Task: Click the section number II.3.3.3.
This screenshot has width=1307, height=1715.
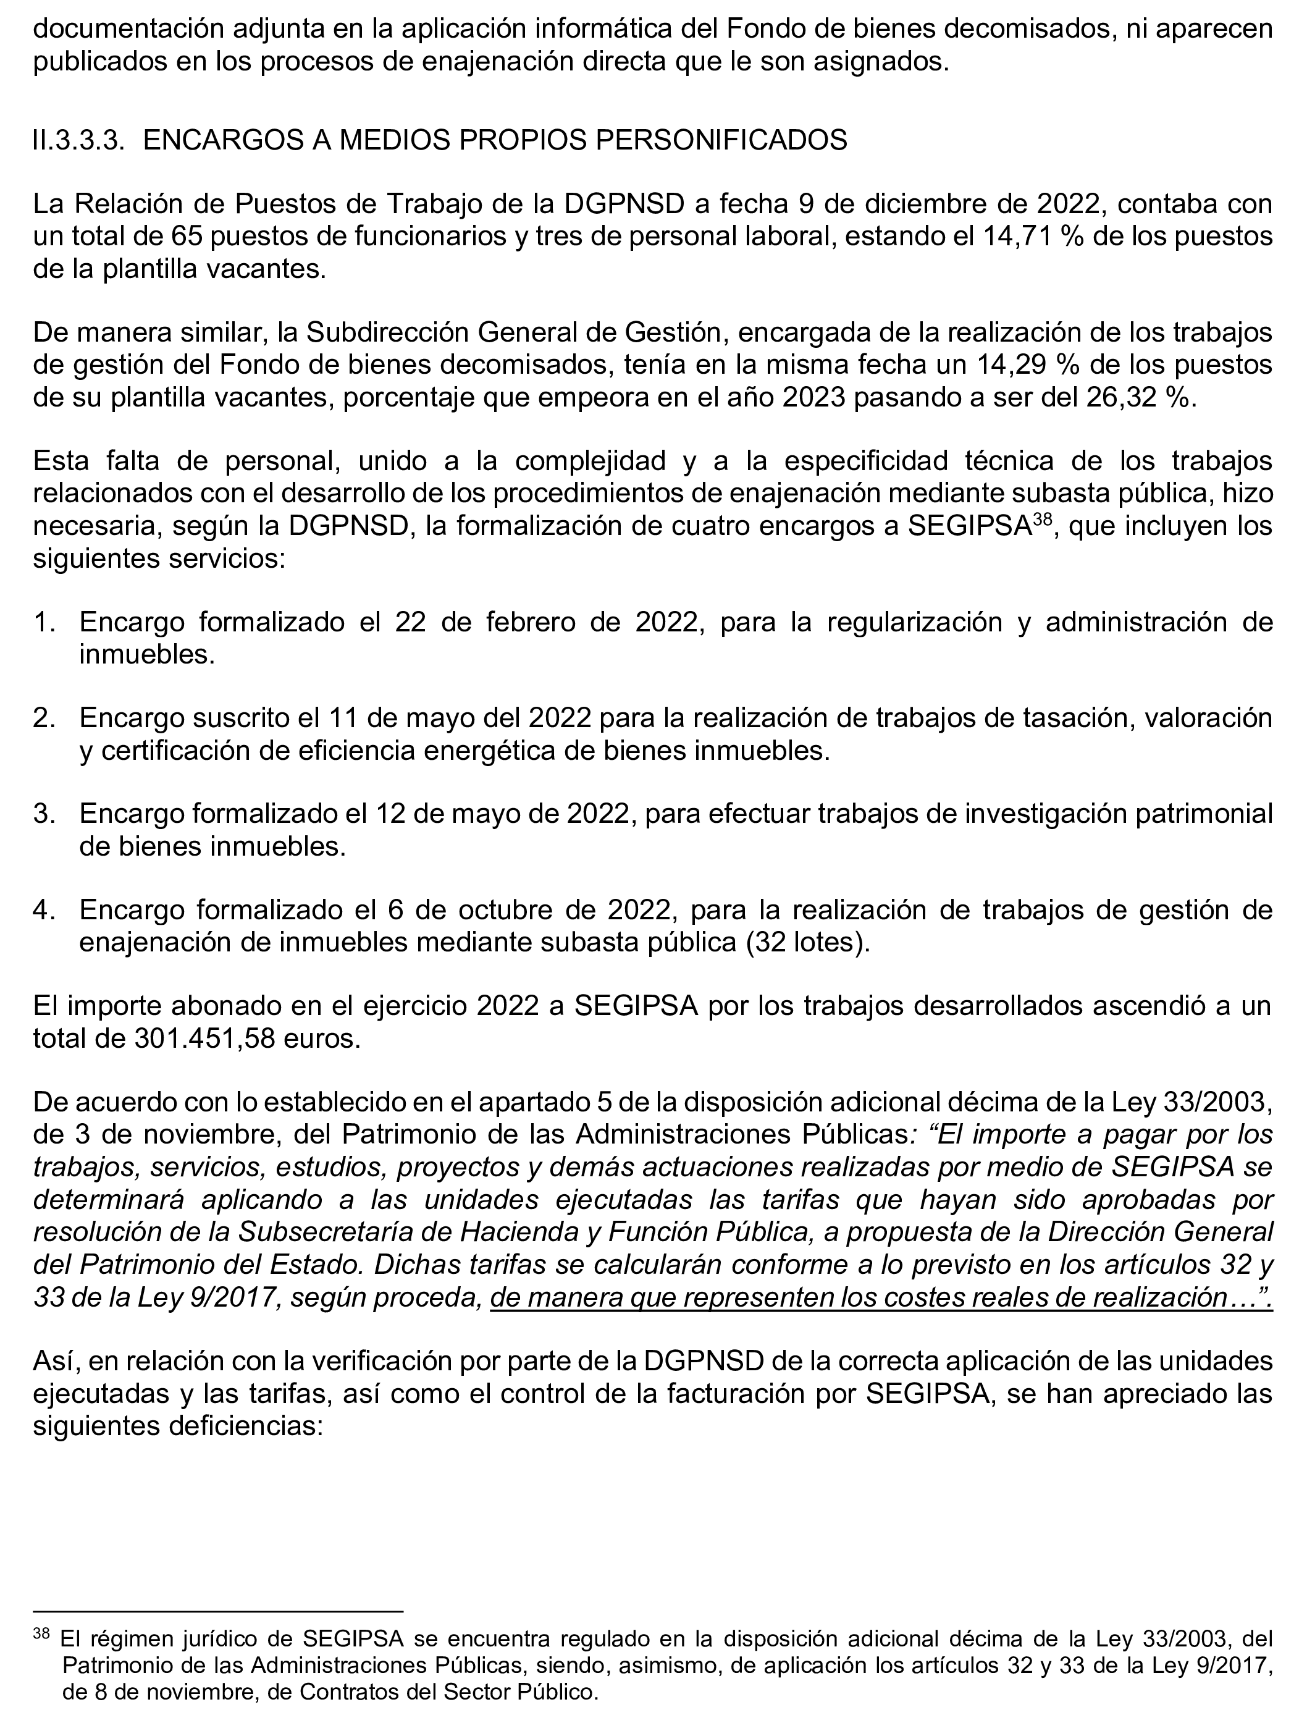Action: [78, 141]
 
